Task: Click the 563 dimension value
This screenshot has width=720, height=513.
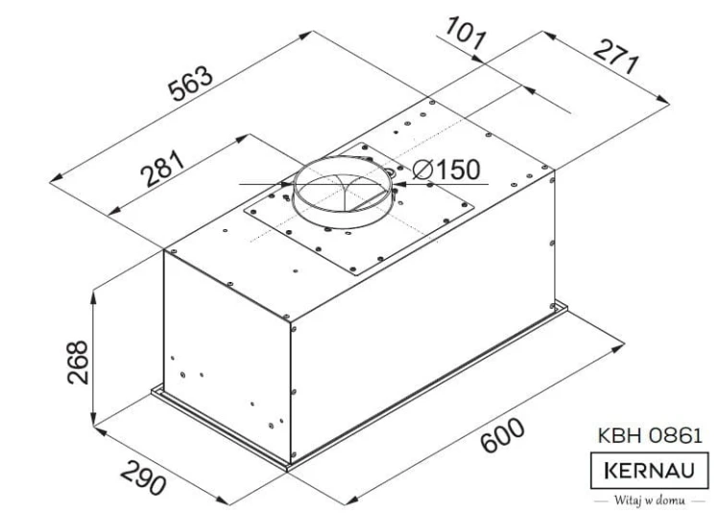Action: tap(191, 83)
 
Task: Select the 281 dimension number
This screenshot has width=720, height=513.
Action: tap(163, 168)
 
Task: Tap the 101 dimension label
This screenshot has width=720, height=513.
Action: tap(465, 33)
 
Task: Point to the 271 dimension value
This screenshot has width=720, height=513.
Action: tap(616, 57)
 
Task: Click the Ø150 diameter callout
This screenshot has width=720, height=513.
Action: tap(446, 170)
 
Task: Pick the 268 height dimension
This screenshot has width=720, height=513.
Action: tap(78, 361)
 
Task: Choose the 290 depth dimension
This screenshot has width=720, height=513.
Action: tap(143, 478)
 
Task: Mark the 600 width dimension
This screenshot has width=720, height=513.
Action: tap(502, 434)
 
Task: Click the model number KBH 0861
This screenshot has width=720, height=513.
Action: tap(650, 435)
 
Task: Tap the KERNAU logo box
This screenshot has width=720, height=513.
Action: tap(649, 471)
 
